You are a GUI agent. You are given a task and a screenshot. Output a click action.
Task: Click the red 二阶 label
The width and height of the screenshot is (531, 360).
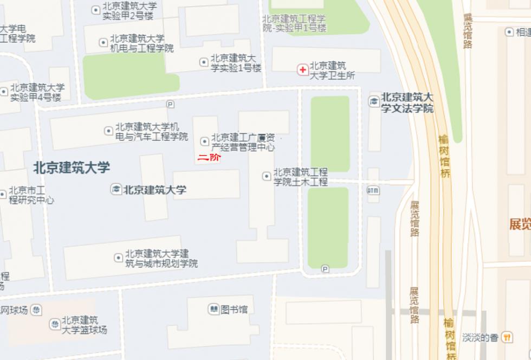(209, 159)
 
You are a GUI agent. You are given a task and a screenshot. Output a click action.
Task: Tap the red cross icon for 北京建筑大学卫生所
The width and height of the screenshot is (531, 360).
(302, 69)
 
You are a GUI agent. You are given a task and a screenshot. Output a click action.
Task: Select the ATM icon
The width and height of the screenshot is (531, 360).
(373, 190)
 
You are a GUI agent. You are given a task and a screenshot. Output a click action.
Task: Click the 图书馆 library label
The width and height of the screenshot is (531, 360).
(234, 310)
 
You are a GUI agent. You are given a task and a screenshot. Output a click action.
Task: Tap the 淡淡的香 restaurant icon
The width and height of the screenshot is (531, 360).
(507, 337)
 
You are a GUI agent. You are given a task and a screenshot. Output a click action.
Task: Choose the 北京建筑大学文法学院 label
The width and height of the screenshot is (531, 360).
(407, 102)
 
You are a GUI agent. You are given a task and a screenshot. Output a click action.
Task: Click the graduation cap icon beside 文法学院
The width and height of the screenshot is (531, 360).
(374, 101)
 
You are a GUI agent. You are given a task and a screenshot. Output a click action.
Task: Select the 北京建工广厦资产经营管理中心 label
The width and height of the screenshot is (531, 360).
(243, 142)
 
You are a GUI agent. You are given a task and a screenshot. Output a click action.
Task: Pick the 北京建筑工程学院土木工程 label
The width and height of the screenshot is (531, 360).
(300, 177)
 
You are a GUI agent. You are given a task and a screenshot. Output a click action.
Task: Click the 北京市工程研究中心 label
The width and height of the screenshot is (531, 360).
(31, 195)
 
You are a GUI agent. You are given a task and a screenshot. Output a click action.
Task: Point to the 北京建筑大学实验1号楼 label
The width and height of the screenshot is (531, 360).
(236, 63)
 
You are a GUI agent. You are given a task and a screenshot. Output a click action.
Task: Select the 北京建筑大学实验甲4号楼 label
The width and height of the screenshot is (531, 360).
(36, 92)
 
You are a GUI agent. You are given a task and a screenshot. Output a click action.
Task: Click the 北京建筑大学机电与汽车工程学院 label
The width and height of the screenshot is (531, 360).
(151, 132)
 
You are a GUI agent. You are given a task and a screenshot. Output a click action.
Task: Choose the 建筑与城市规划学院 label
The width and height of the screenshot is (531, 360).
(161, 259)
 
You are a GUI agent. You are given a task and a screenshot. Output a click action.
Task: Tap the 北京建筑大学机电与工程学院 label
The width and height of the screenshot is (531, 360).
(142, 43)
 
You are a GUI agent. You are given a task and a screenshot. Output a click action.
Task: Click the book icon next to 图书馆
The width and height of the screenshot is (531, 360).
(213, 310)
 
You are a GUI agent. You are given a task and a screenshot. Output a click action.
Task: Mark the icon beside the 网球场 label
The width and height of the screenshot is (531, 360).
(36, 311)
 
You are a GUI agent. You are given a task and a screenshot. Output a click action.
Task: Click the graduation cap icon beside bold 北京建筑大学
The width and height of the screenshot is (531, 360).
(116, 190)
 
